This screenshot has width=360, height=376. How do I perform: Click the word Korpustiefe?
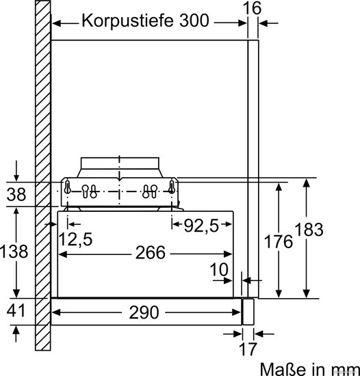tap(127, 21)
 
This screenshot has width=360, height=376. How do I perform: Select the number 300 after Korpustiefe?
tap(194, 21)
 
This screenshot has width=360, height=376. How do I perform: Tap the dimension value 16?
tap(252, 8)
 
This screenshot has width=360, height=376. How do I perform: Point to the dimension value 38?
tap(16, 194)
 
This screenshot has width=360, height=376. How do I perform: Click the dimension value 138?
tap(14, 252)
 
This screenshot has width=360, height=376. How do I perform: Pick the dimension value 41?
tap(16, 310)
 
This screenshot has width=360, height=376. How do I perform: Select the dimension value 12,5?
tap(75, 239)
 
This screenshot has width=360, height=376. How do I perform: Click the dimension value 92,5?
tap(201, 226)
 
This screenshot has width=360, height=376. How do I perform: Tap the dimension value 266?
tap(151, 252)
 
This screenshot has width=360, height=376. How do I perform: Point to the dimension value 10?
tap(219, 269)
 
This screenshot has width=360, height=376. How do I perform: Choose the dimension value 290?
tap(144, 312)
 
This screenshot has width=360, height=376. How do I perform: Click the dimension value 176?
tap(278, 241)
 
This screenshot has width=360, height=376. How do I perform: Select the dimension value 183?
tap(309, 229)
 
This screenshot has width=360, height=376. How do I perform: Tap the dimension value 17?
tap(248, 349)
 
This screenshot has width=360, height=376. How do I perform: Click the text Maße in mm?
tap(309, 368)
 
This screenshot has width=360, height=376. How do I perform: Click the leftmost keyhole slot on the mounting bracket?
tap(68, 187)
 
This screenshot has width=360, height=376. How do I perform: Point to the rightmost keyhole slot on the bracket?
tap(171, 187)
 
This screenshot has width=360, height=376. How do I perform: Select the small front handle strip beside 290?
tap(248, 312)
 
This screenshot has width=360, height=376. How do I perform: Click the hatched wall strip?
tap(43, 175)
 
